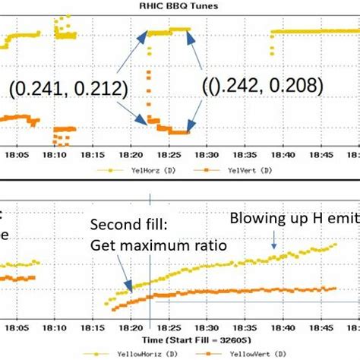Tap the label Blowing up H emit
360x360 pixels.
click(294, 219)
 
